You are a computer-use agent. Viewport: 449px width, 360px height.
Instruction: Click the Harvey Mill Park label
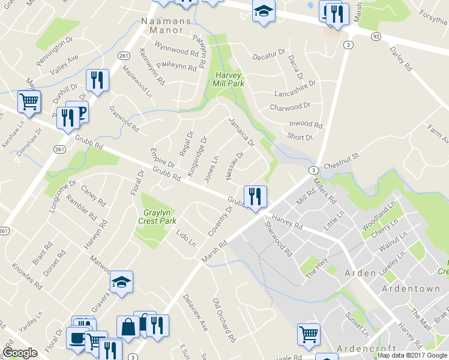(228, 80)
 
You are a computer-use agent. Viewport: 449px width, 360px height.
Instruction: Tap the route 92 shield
(376, 36)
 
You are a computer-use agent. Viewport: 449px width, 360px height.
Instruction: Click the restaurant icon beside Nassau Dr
(255, 196)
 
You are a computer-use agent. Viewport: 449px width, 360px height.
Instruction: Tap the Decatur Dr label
(268, 56)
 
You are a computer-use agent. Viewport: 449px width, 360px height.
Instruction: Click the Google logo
(20, 352)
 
